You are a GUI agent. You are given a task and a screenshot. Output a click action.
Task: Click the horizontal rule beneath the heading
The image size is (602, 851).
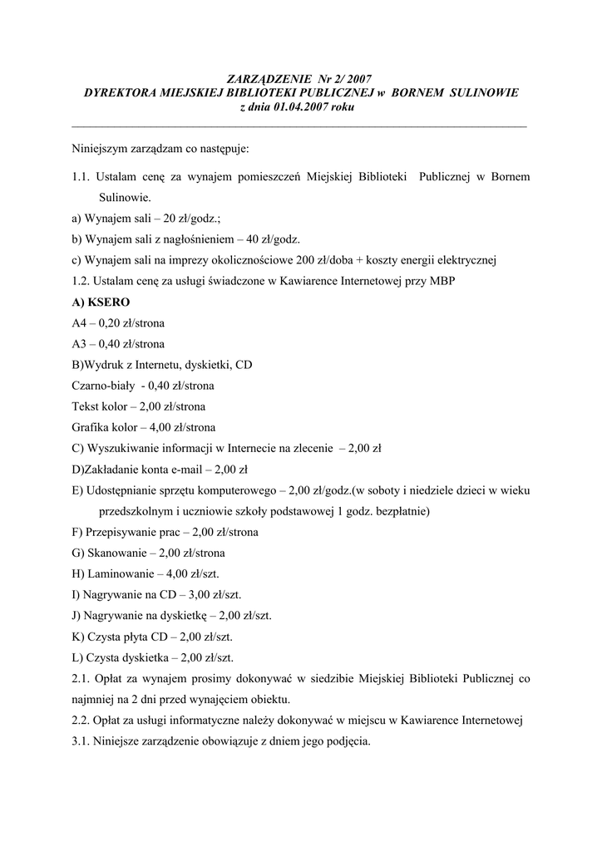click(x=300, y=125)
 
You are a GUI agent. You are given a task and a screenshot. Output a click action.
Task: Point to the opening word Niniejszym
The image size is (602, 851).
click(x=101, y=149)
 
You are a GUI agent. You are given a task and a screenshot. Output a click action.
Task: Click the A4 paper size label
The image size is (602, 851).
click(x=80, y=323)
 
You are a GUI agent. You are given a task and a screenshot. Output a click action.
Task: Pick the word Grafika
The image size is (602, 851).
click(x=91, y=428)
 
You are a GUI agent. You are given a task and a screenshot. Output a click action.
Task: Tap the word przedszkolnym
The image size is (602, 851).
click(x=137, y=511)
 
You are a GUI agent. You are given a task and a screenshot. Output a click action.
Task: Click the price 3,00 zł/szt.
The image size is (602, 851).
click(x=214, y=595)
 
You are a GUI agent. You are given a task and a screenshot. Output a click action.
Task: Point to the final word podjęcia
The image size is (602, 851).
click(x=350, y=740)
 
